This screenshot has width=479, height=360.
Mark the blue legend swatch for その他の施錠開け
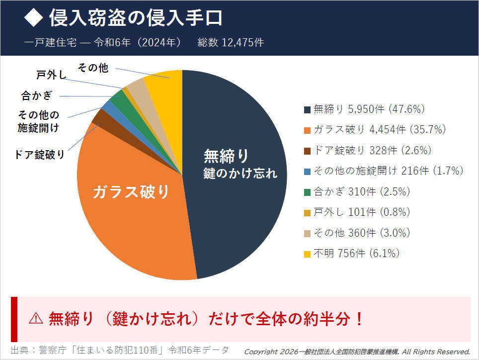(x=308, y=171)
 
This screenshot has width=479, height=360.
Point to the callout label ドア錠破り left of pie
(x=40, y=155)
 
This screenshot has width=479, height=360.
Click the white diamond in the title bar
(x=34, y=18)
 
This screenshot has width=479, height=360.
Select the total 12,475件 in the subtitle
(x=243, y=42)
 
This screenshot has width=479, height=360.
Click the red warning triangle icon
(x=36, y=319)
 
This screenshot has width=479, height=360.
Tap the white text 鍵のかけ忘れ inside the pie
(x=240, y=174)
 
